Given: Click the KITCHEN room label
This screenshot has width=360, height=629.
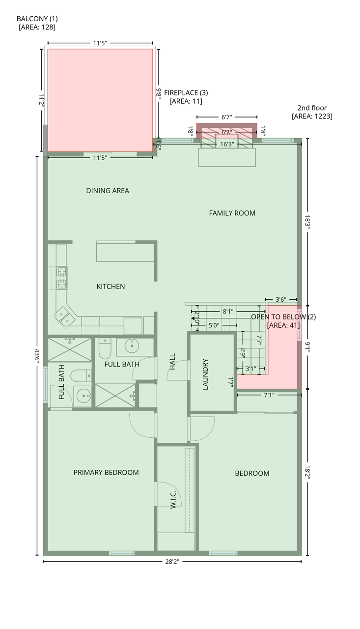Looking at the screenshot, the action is [111, 286].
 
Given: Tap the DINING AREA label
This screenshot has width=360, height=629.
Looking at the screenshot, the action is [108, 191].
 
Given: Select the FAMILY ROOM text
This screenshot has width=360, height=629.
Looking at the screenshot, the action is [232, 213].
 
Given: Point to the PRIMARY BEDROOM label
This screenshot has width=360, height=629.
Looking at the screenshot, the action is [106, 472].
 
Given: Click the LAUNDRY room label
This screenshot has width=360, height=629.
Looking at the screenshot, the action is [205, 374].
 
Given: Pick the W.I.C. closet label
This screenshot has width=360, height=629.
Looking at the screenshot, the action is [173, 499].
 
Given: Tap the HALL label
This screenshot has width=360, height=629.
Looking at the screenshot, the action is [172, 362].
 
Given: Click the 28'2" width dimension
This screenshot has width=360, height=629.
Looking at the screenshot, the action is [172, 562].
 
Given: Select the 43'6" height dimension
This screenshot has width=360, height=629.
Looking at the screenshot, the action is [37, 356].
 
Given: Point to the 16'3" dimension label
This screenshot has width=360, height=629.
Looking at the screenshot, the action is [227, 144].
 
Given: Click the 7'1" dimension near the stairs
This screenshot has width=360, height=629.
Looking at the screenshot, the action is [269, 395].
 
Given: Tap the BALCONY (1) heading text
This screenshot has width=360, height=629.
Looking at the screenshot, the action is [37, 19].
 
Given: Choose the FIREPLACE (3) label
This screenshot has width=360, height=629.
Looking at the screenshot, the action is [186, 93].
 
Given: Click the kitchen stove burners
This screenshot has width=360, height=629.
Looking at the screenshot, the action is [62, 278].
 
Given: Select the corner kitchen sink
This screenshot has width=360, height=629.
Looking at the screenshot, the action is [65, 317].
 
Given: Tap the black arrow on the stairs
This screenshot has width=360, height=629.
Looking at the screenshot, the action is [194, 318].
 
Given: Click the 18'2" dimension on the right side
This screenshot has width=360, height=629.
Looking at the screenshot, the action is [307, 473].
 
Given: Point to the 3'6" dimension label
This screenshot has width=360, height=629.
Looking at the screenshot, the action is [280, 300].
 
